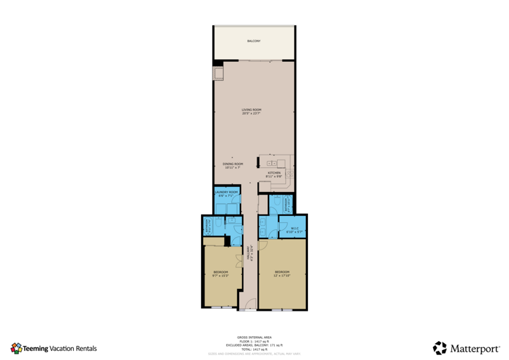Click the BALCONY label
coord(254,41)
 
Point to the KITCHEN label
coord(273,174)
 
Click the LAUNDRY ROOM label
coord(227,193)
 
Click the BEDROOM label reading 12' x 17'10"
coord(282,274)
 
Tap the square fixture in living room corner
coord(219,72)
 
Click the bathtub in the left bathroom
coord(210,226)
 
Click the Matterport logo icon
coord(439,347)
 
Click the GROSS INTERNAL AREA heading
coord(254,337)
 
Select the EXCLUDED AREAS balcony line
coord(254,345)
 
